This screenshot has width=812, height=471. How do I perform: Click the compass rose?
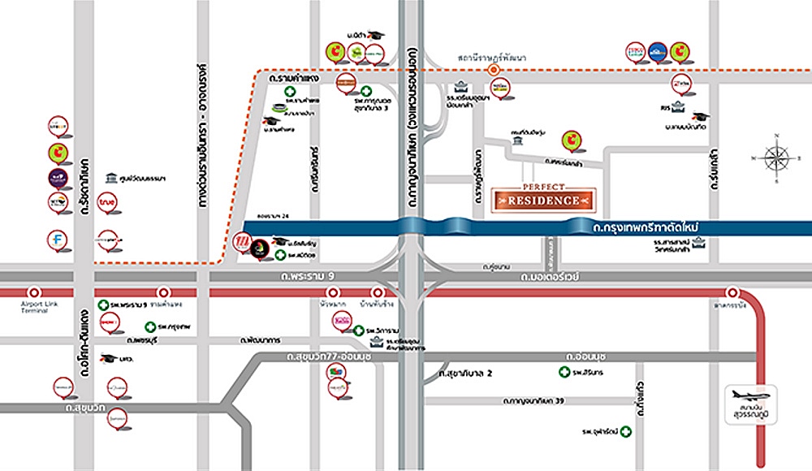[x=775, y=157]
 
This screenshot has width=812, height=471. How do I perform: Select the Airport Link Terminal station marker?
[x=35, y=292]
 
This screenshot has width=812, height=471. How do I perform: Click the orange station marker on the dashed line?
[x=493, y=71]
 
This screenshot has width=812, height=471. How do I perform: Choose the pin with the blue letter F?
[x=57, y=240]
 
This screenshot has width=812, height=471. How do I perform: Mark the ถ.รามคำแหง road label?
[x=290, y=79]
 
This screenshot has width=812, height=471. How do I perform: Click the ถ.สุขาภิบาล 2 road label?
[x=467, y=374]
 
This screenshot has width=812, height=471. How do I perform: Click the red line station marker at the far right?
[x=733, y=292]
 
